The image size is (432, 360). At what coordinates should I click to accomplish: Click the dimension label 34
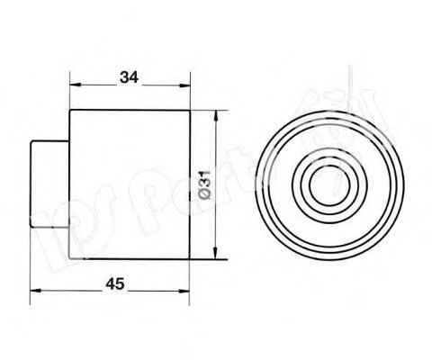(129, 77)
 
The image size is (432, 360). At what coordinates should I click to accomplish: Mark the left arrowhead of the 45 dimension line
(36, 292)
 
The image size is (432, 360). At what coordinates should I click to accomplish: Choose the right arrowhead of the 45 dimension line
(185, 292)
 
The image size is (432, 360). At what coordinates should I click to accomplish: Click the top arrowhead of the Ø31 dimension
(215, 114)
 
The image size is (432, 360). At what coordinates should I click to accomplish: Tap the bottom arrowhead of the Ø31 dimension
(215, 254)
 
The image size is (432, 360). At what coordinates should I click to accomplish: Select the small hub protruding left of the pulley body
(52, 184)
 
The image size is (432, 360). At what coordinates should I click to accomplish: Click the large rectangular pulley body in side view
(130, 184)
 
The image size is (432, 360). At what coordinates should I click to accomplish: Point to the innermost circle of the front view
(322, 185)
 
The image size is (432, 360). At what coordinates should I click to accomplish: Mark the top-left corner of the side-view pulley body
(71, 110)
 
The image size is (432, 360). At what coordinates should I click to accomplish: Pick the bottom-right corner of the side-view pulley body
(190, 259)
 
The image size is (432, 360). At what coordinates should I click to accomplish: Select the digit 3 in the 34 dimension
(123, 77)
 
